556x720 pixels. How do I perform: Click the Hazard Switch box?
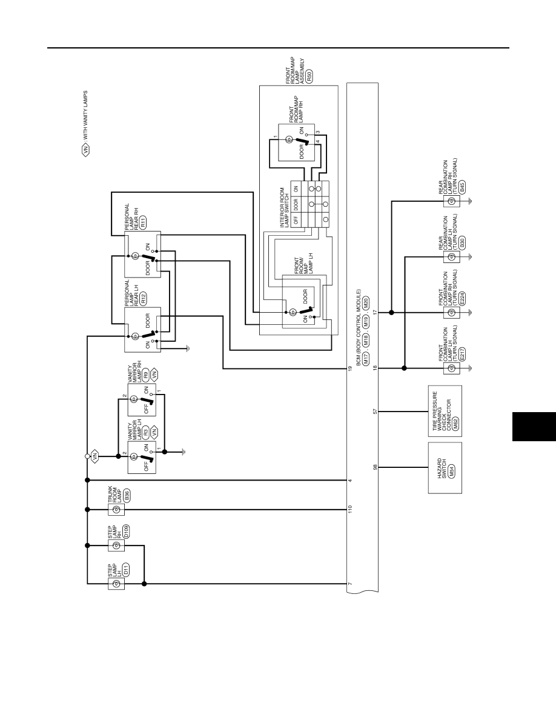coord(445,468)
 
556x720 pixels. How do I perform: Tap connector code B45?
coord(462,187)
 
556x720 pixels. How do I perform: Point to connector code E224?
coord(462,298)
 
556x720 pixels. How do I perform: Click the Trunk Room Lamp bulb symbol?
coord(116,510)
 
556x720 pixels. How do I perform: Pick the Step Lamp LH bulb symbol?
coord(116,584)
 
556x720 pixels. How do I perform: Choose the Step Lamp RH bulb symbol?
coord(116,545)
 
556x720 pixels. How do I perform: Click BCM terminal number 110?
coord(350,509)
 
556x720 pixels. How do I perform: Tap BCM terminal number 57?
coord(376,412)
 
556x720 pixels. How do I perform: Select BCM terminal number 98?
coord(376,467)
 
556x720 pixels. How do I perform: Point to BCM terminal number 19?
coord(350,368)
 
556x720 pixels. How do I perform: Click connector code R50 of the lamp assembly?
coord(309,76)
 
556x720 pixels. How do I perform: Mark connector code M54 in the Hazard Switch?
coord(451,472)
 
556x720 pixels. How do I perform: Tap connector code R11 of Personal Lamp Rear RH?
coord(143,222)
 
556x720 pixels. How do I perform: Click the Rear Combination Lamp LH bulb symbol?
coord(451,257)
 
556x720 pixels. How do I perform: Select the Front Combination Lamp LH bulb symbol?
coord(451,368)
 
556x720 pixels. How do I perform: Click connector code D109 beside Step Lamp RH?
coord(126,532)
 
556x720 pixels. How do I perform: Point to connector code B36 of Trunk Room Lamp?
coord(126,496)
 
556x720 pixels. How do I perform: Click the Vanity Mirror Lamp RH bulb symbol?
coord(133,399)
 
